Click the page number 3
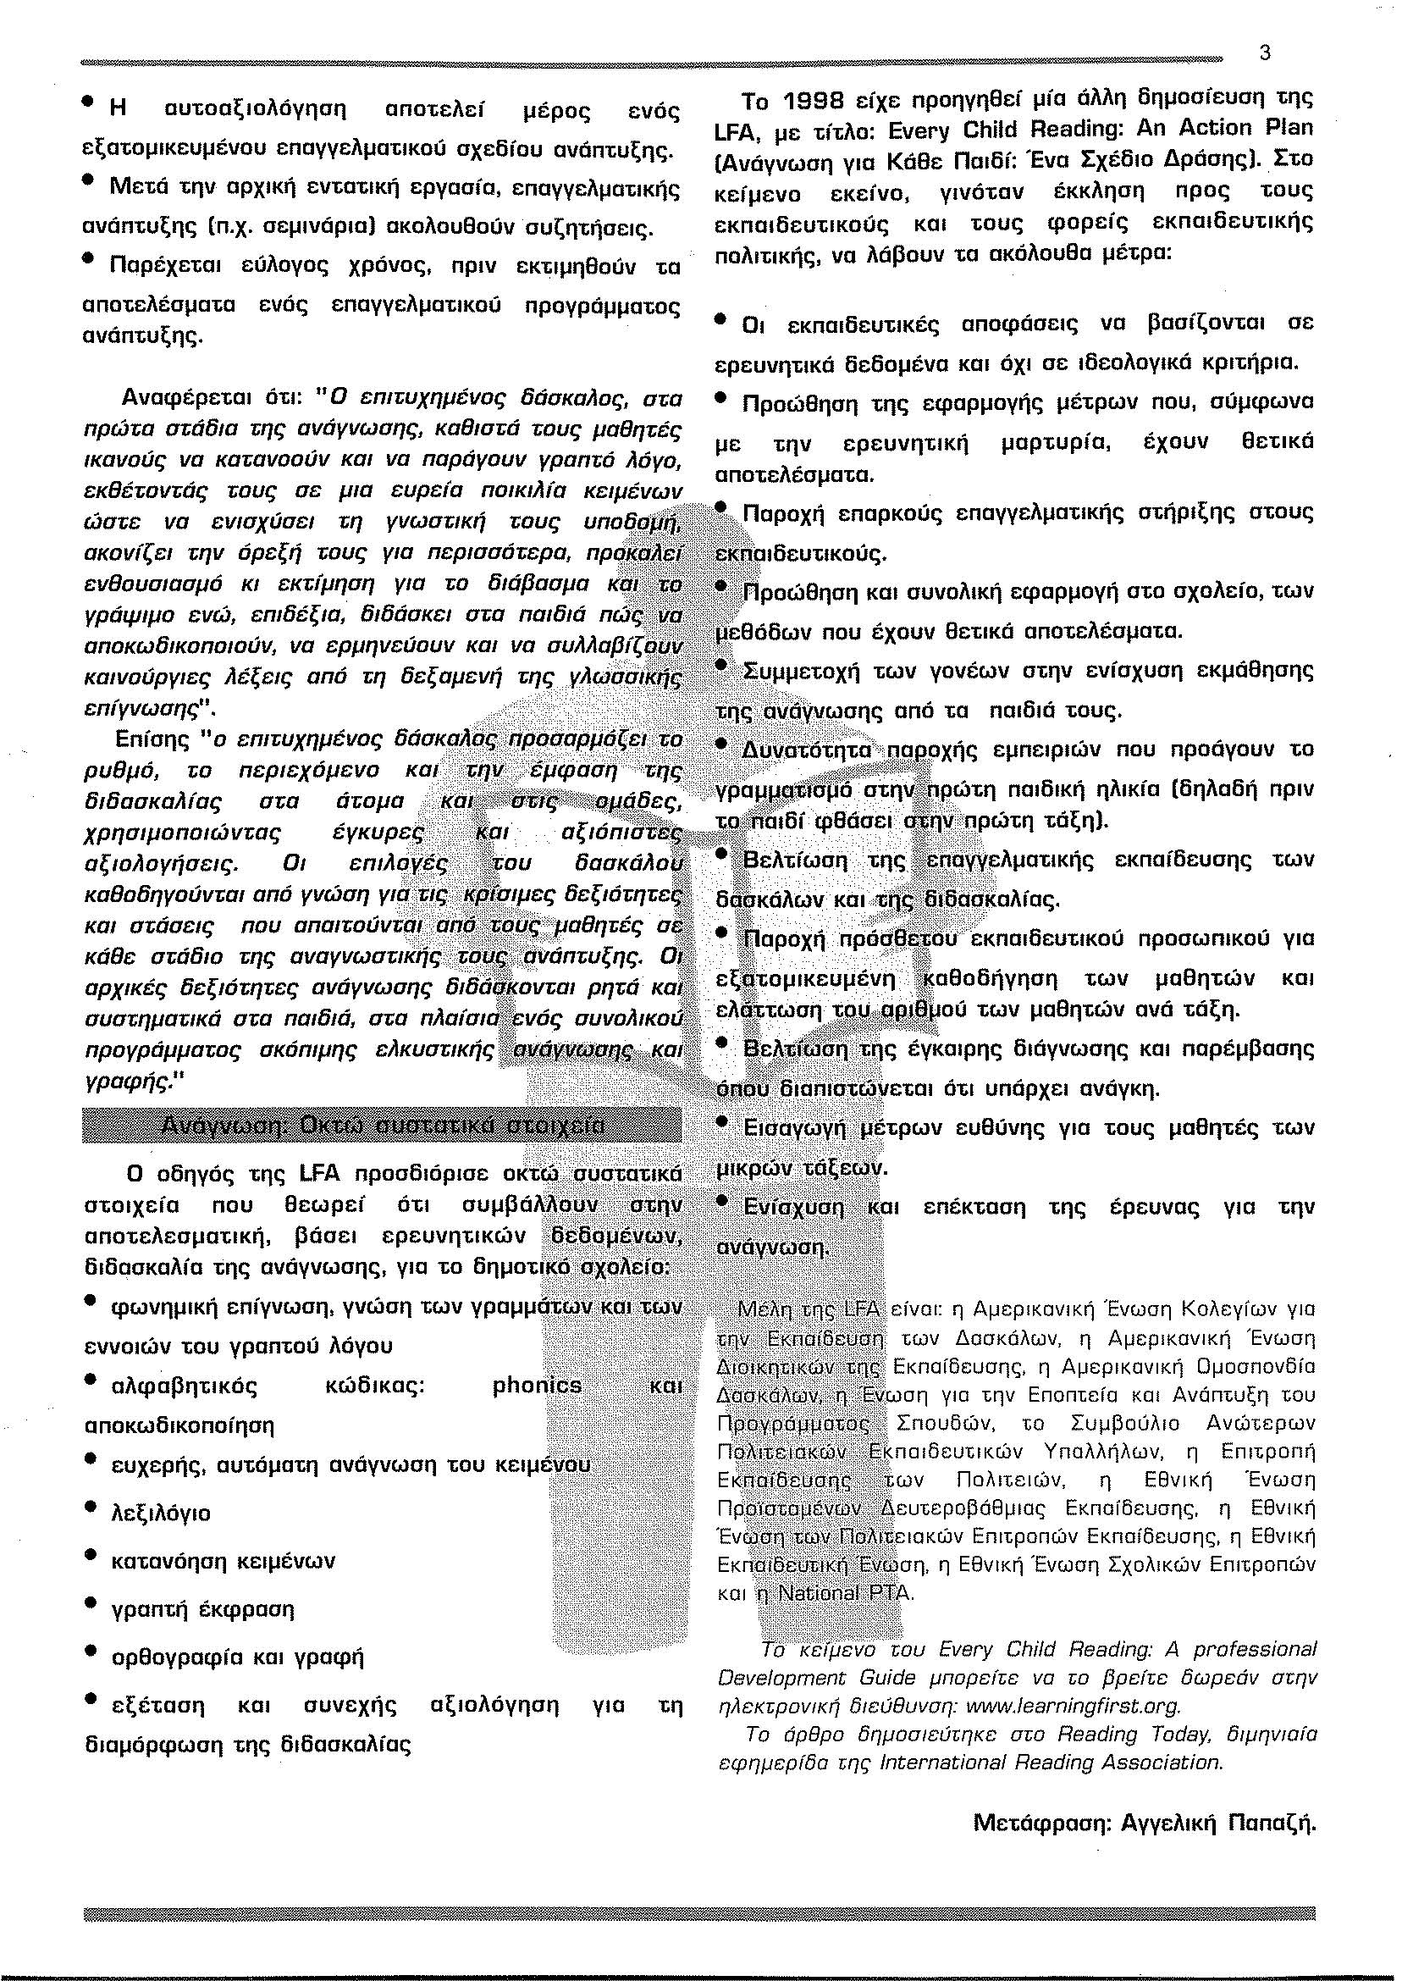1265,53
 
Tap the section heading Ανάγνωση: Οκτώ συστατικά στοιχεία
383,1127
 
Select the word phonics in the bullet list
536,1385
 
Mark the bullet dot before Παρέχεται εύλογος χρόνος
89,258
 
